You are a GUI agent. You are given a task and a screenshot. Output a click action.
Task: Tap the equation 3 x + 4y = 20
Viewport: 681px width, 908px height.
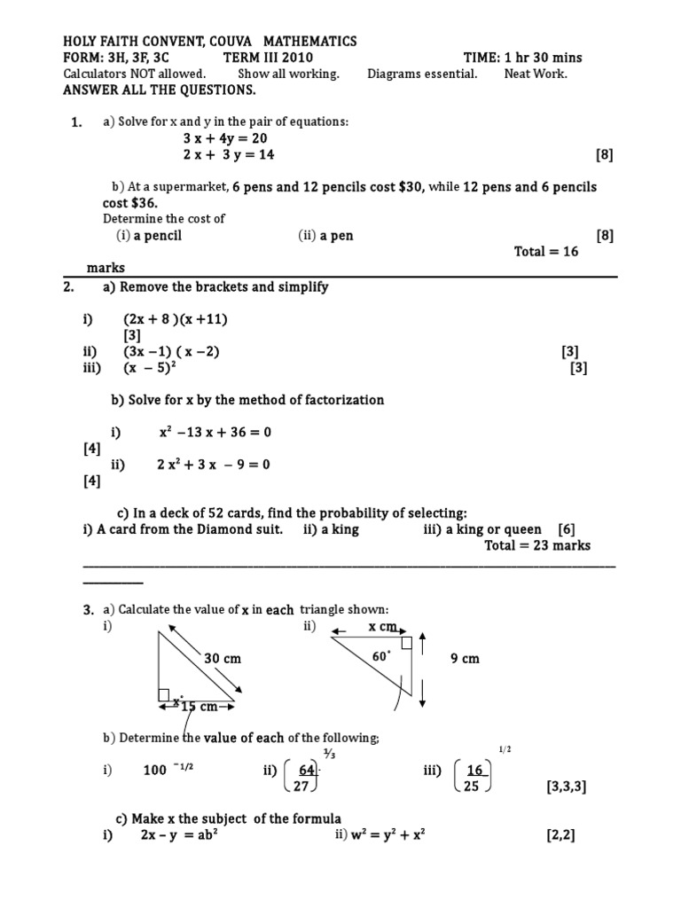pyautogui.click(x=225, y=138)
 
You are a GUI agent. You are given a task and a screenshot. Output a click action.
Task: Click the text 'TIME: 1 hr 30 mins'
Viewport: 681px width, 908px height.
pyautogui.click(x=522, y=58)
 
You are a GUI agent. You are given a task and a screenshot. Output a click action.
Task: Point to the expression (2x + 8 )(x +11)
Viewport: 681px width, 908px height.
pyautogui.click(x=182, y=319)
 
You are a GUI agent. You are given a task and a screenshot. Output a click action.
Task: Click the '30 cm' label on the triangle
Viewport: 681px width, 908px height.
pyautogui.click(x=223, y=659)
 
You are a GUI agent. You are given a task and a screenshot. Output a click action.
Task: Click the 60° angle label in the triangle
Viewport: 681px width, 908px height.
pyautogui.click(x=381, y=657)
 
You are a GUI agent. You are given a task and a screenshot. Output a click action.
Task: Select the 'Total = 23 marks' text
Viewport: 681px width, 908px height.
pyautogui.click(x=537, y=545)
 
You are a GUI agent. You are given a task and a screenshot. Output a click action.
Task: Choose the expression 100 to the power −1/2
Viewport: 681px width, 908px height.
pyautogui.click(x=168, y=770)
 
